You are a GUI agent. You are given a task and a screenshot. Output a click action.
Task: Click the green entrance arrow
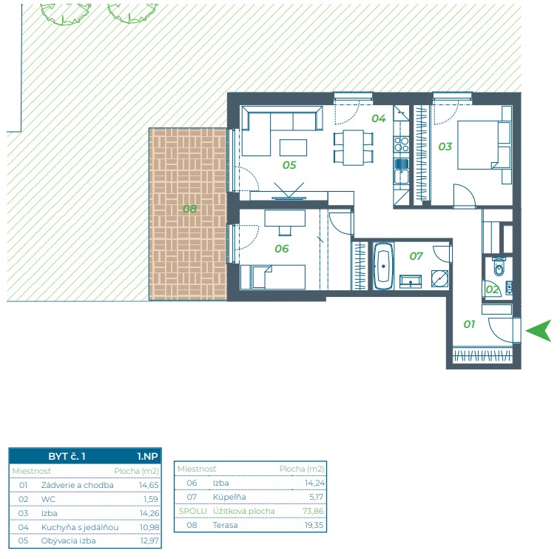click(x=539, y=331)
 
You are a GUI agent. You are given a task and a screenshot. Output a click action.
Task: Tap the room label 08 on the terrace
click(x=189, y=208)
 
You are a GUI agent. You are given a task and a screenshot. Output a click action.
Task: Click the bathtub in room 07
click(x=383, y=266)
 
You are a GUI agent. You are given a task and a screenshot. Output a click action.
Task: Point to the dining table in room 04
click(x=353, y=147)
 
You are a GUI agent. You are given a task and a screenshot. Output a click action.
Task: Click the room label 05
click(x=289, y=165)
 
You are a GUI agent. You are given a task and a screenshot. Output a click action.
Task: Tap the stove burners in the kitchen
click(x=402, y=144)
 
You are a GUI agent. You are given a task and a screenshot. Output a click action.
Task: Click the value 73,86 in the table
click(x=313, y=511)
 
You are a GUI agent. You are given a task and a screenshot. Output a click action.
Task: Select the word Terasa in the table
click(x=225, y=525)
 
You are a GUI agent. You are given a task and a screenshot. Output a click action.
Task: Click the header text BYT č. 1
click(x=67, y=456)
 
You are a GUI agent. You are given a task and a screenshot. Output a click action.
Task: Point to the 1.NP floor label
click(x=147, y=456)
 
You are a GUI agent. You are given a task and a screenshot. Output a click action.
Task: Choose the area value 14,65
click(x=149, y=485)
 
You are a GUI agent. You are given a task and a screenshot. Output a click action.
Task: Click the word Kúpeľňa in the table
click(x=229, y=497)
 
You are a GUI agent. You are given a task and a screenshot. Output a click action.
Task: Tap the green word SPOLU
click(x=192, y=511)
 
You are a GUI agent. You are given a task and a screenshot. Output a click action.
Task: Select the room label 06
click(x=281, y=249)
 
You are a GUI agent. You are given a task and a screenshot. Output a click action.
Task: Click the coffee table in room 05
click(x=293, y=147)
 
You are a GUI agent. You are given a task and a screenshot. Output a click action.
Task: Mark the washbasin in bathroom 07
click(x=411, y=281)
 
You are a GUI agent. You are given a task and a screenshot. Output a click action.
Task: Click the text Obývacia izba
click(x=68, y=540)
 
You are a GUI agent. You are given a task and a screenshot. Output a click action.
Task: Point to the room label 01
click(x=469, y=324)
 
